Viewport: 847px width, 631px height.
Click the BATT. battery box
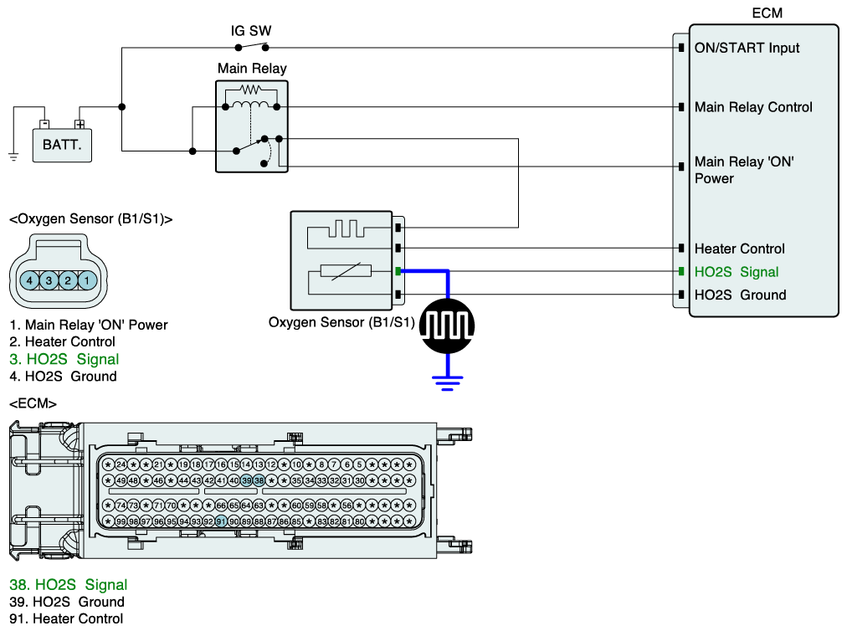[63, 145]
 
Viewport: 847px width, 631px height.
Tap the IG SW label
[251, 31]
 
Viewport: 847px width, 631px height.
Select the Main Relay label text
[252, 69]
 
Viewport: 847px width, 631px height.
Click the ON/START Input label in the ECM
[747, 48]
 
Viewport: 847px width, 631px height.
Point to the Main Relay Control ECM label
[753, 107]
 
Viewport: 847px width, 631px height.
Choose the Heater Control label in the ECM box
[739, 249]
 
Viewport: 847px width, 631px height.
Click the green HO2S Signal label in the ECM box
[737, 272]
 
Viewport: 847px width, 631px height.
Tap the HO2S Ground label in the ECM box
[740, 295]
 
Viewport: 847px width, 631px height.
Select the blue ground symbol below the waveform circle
[448, 382]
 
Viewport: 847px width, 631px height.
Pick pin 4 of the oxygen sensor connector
[29, 280]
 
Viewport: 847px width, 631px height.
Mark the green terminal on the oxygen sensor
[399, 271]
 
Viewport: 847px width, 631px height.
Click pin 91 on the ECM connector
[221, 521]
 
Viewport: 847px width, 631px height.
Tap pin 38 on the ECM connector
[259, 480]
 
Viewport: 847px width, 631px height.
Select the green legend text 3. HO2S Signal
[64, 359]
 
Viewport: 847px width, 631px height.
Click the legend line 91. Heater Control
[66, 618]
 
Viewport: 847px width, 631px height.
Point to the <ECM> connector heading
[33, 403]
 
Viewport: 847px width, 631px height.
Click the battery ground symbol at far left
[13, 154]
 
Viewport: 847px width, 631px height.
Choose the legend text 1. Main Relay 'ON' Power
[89, 325]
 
